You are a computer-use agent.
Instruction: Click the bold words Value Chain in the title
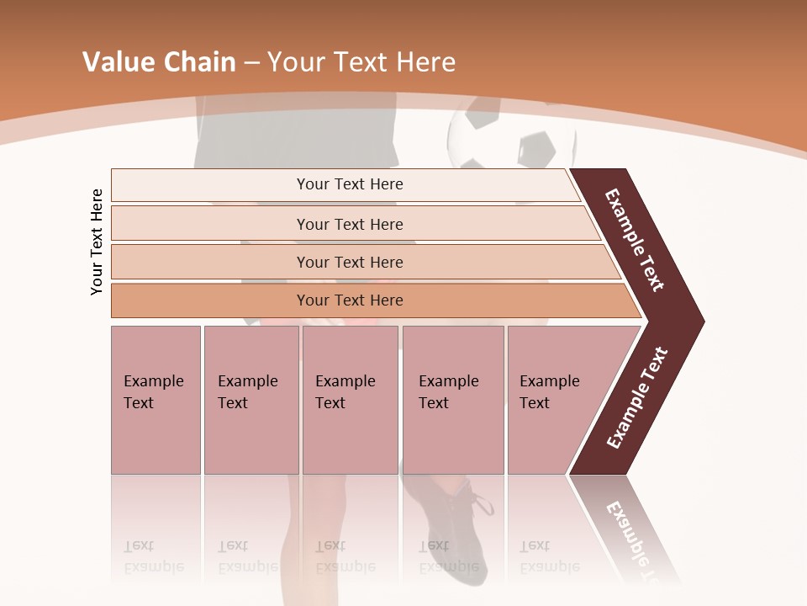159,62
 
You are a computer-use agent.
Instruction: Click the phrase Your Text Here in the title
361,62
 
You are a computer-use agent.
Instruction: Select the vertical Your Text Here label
97,242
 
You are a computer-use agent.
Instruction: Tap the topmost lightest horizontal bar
350,184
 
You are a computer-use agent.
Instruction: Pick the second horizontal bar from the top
350,224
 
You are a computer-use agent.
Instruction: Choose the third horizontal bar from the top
350,262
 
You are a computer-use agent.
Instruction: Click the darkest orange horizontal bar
350,300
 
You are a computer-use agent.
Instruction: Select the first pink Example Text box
156,400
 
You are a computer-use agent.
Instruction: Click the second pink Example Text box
251,400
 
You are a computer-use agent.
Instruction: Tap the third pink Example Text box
350,400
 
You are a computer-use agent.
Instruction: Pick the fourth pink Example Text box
453,400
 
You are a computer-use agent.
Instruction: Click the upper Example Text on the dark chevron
635,240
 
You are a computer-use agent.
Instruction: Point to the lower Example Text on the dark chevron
637,397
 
